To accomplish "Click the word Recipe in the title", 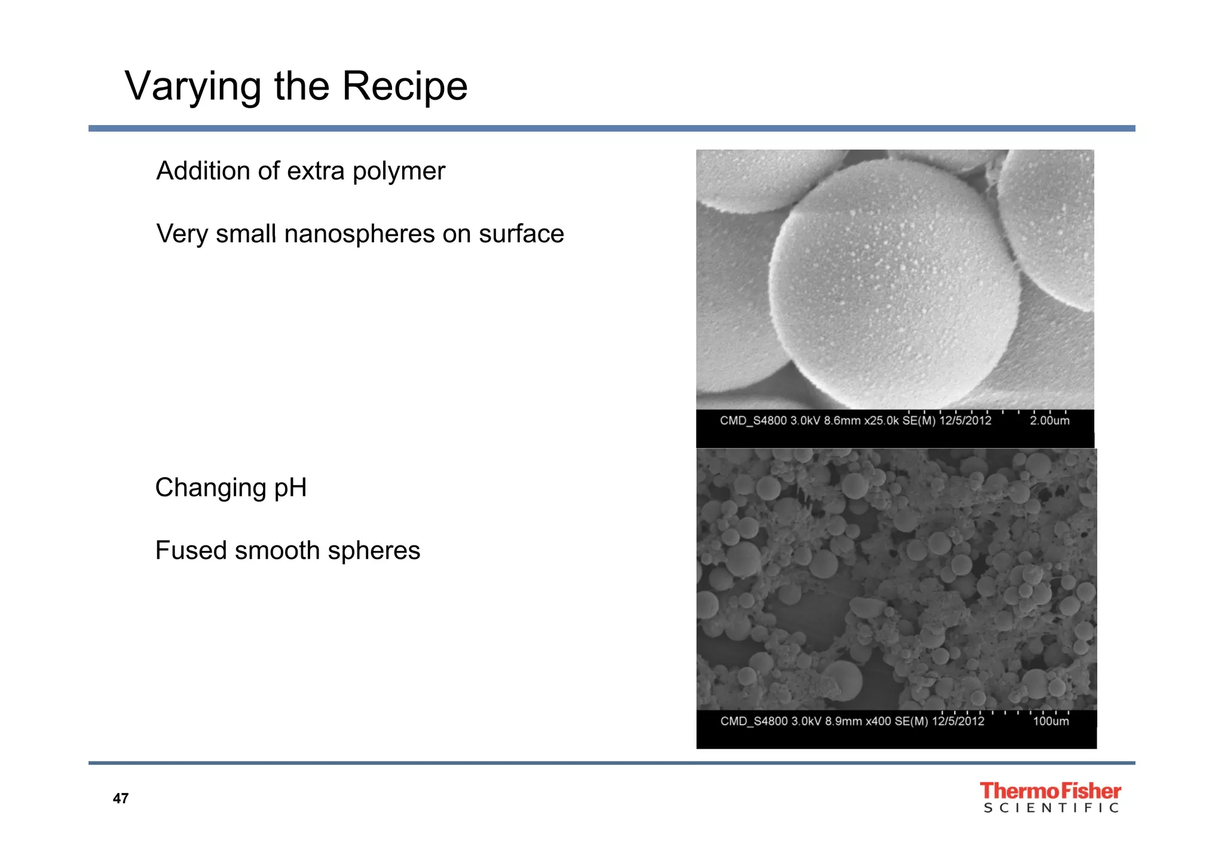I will pos(405,87).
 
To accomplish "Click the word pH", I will pos(290,488).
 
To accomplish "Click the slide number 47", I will pos(121,798).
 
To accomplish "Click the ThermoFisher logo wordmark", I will pos(1050,791).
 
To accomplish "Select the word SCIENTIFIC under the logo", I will pos(1051,809).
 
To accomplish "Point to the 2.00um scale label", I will pos(1049,421).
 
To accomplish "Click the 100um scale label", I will pos(1051,721).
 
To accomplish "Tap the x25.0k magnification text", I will pos(882,421).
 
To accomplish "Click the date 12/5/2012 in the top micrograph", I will pos(965,421).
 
